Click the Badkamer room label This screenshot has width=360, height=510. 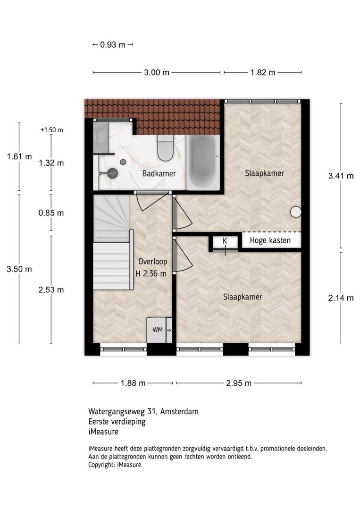coord(159,173)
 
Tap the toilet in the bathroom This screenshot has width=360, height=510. coord(166,148)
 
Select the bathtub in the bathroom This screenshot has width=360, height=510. coord(203,162)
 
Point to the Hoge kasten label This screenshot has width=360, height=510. coord(270,240)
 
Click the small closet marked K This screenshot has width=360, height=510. coord(225,243)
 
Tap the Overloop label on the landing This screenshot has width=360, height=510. coord(153,262)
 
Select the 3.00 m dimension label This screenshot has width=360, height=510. coord(157,72)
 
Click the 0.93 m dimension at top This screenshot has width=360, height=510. coord(112,44)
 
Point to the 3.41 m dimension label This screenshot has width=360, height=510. coord(341,176)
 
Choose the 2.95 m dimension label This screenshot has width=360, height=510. coord(239,383)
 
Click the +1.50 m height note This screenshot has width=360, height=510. coord(51,130)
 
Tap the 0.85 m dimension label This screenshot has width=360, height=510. coord(51,213)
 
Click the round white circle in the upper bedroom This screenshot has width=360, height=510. coord(296,212)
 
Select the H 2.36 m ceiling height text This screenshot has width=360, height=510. coord(151,274)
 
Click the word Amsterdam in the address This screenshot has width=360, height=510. coord(179,411)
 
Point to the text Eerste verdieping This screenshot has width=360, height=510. coord(117,422)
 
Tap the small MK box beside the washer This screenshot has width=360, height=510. coord(169,330)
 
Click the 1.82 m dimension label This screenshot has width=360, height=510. coord(262,72)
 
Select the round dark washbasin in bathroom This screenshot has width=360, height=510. coord(113,173)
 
